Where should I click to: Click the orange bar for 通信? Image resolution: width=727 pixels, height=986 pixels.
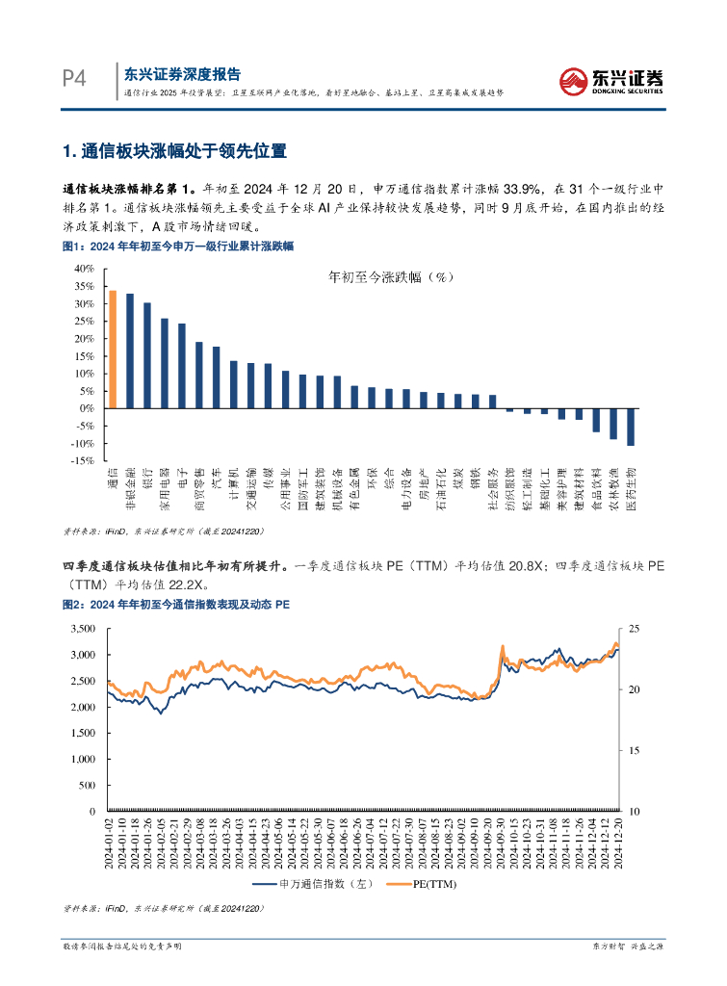[113, 350]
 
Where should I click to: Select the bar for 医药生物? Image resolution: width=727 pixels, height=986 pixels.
[631, 427]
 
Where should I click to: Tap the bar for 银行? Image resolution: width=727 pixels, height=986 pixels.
[147, 355]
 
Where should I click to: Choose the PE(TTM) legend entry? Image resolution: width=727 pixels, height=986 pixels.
[424, 883]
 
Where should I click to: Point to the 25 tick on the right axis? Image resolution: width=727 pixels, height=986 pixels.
[634, 629]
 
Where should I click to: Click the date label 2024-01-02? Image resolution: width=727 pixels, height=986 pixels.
[108, 840]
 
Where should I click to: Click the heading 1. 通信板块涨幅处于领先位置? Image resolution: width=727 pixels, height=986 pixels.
[174, 151]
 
